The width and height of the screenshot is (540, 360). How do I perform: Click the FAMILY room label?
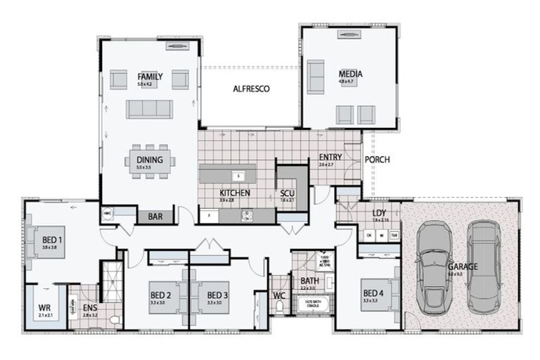(150, 76)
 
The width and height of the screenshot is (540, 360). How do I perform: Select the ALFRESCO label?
(252, 89)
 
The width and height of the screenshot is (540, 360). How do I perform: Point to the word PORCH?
(377, 160)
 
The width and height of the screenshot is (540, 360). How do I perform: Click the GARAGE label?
(463, 266)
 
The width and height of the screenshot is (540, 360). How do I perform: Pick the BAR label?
(155, 217)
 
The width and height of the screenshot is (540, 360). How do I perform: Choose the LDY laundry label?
(380, 212)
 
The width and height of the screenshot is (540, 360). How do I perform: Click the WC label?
(279, 295)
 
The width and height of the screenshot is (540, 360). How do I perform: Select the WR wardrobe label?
(44, 307)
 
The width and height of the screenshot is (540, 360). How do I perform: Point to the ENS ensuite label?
(90, 308)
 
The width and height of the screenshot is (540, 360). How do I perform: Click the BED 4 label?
(372, 293)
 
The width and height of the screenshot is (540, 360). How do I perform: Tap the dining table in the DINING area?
(150, 162)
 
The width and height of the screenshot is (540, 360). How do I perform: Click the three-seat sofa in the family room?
(149, 108)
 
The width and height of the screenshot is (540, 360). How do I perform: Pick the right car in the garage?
(484, 267)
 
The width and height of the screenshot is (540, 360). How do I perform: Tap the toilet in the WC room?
(281, 307)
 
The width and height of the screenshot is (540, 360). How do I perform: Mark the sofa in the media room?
(315, 77)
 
